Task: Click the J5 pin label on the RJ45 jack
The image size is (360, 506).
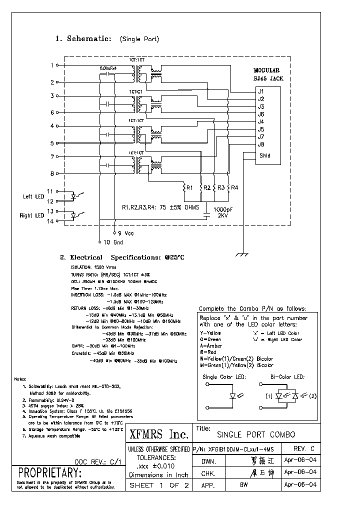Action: pyautogui.click(x=261, y=129)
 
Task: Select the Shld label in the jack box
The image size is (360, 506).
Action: pyautogui.click(x=264, y=155)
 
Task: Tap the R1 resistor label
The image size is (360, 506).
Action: pyautogui.click(x=189, y=188)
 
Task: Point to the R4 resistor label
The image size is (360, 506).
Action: pyautogui.click(x=234, y=188)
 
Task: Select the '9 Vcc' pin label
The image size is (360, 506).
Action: pyautogui.click(x=126, y=233)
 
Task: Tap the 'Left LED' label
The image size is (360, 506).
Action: pyautogui.click(x=33, y=196)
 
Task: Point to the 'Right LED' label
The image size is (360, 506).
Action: pyautogui.click(x=31, y=215)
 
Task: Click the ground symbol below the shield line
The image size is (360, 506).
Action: pyautogui.click(x=242, y=255)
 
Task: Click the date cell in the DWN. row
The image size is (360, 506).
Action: pyautogui.click(x=299, y=460)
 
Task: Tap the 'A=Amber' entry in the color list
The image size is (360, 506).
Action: pyautogui.click(x=211, y=345)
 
